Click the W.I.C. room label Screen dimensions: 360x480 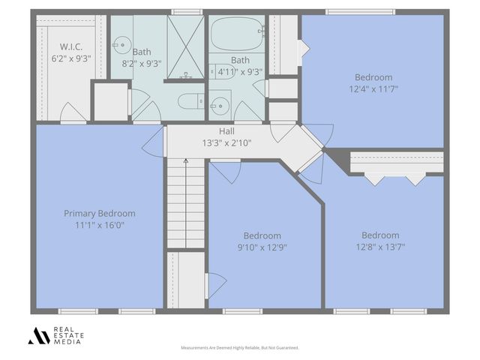[x=71, y=46]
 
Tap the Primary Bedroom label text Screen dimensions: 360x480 [x=100, y=213]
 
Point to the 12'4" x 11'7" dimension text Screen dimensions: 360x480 [x=373, y=88]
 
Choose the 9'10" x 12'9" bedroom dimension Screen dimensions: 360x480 [x=262, y=246]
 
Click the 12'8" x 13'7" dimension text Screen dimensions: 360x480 [x=380, y=246]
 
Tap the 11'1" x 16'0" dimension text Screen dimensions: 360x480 [x=100, y=224]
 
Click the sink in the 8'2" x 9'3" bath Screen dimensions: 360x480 [x=123, y=43]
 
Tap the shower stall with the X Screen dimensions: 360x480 [x=184, y=46]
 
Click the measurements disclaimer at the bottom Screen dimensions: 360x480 [x=240, y=348]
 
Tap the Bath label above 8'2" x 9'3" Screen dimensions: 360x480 [x=142, y=52]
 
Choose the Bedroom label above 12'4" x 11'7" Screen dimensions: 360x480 [x=373, y=77]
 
